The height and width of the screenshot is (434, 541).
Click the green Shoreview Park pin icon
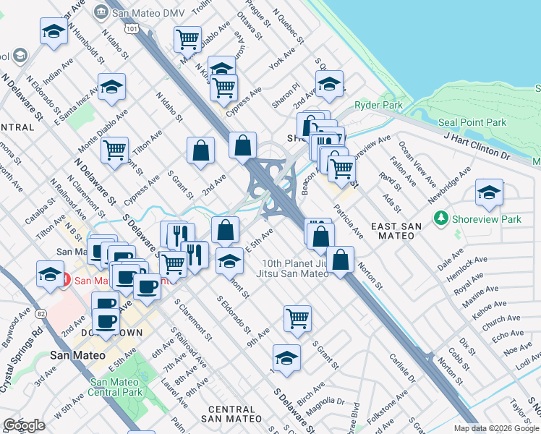440,218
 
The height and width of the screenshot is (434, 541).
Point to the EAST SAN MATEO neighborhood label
396,226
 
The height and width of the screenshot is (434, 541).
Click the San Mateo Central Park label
117,388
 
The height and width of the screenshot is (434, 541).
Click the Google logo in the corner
24,425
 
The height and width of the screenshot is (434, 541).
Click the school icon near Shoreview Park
489,192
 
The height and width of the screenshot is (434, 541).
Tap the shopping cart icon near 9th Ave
297,318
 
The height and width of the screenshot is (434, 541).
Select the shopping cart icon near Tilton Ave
114,150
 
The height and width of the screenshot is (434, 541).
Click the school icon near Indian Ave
54,31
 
